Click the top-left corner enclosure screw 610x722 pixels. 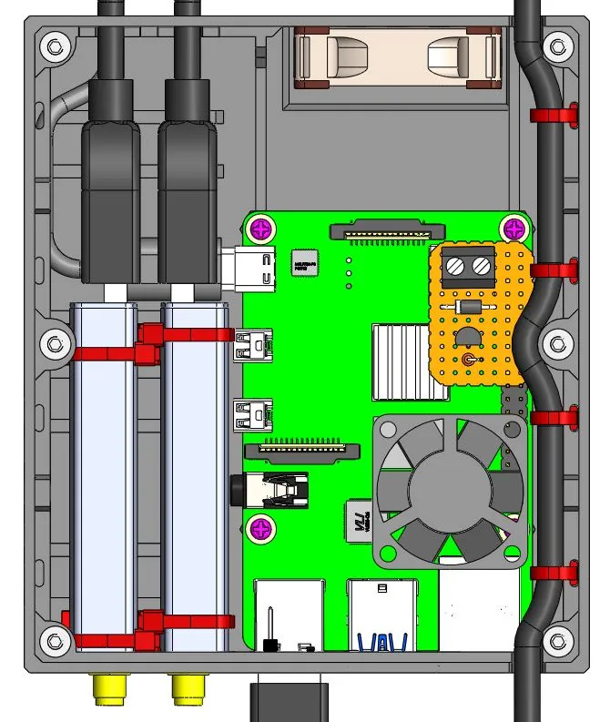(54, 46)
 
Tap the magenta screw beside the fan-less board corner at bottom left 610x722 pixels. (262, 526)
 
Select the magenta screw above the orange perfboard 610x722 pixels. (513, 227)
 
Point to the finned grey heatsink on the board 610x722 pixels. (401, 361)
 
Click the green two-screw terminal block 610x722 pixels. (468, 266)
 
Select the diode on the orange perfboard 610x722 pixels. (470, 309)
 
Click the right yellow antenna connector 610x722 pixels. (188, 688)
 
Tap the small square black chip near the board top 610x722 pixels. (303, 262)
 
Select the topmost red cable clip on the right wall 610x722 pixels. (554, 115)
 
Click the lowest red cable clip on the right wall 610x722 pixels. (554, 575)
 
